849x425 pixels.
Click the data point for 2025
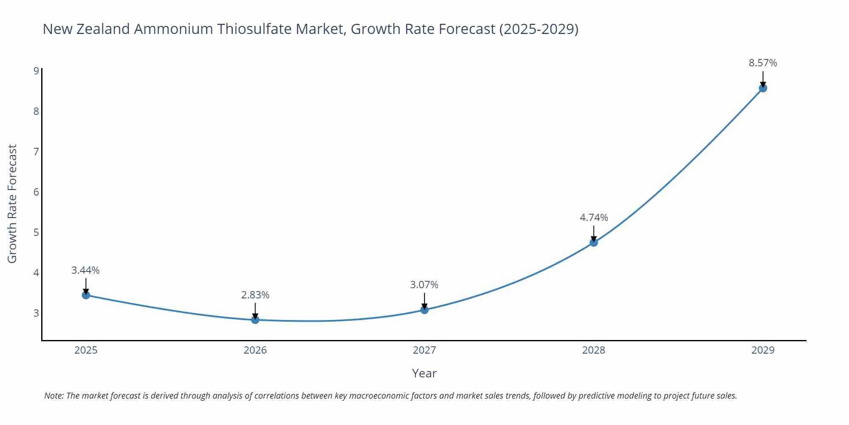tap(86, 295)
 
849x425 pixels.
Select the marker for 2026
tap(255, 320)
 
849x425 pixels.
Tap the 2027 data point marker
tap(424, 310)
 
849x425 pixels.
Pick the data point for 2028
tap(594, 242)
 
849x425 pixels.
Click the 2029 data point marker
tap(763, 88)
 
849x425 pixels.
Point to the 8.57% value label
tap(763, 63)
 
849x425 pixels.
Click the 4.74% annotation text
tap(594, 218)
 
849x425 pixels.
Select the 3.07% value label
tap(424, 285)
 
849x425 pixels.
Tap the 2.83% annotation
tap(255, 295)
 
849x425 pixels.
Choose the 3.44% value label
tap(85, 270)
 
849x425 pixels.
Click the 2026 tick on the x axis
tap(255, 350)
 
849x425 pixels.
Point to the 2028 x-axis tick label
tap(593, 350)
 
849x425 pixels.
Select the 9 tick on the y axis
tap(36, 71)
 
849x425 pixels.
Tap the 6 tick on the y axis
tap(36, 192)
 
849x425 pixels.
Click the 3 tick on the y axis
tap(36, 313)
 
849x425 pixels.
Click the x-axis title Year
tap(424, 373)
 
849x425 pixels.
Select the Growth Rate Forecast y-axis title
tap(12, 204)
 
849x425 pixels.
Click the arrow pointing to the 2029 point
tap(763, 79)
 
